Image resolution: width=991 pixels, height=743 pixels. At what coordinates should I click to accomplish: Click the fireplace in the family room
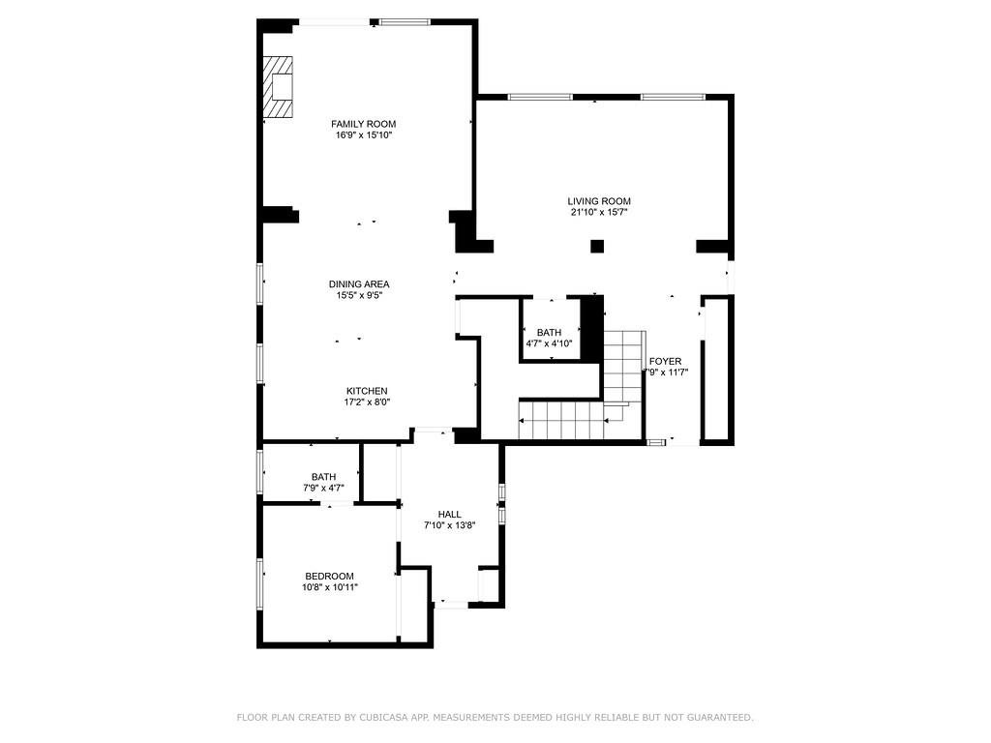click(278, 87)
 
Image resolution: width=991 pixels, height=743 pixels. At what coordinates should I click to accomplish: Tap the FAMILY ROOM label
click(363, 124)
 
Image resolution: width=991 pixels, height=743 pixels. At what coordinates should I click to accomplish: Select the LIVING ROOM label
click(599, 201)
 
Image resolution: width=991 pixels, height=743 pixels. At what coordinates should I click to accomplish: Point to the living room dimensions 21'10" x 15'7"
click(599, 213)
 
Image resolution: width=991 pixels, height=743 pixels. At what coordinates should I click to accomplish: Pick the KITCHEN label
click(367, 391)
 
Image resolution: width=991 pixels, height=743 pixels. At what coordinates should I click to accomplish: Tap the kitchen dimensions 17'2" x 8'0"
click(367, 402)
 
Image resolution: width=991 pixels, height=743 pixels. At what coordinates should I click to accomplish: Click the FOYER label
click(665, 362)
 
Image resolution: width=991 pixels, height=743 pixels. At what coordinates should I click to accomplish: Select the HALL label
click(449, 515)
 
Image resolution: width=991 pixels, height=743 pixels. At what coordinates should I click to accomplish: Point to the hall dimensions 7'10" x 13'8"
click(449, 526)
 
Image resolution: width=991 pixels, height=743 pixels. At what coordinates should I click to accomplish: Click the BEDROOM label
click(329, 576)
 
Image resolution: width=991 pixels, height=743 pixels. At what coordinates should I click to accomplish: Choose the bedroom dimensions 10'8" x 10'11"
click(329, 587)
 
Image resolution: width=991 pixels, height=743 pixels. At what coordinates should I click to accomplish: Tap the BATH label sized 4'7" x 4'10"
click(549, 333)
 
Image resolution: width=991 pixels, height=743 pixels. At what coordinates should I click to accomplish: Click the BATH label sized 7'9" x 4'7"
click(323, 477)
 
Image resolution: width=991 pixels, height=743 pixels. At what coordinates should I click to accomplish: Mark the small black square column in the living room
click(597, 247)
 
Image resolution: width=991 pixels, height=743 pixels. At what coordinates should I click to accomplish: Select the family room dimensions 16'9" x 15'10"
click(363, 135)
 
